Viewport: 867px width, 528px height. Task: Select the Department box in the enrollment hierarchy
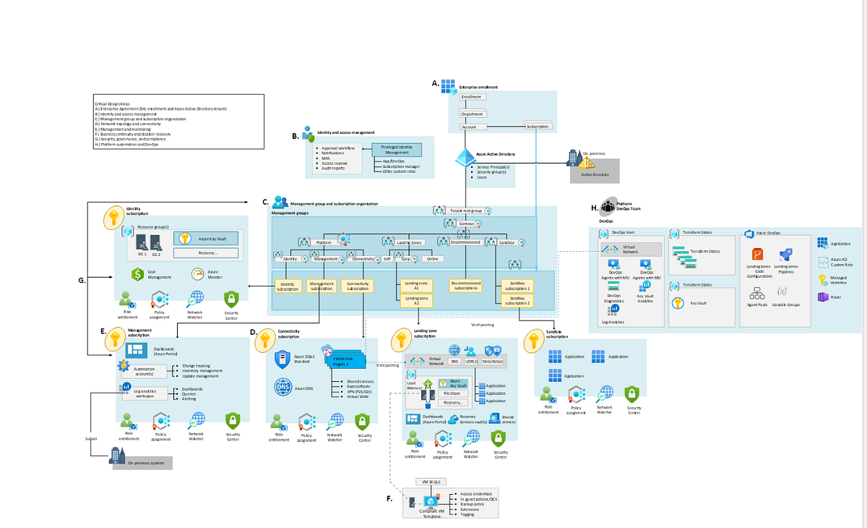coord(473,114)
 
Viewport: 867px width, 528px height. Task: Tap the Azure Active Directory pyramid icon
coord(464,157)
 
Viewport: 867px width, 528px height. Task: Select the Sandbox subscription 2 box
coord(518,301)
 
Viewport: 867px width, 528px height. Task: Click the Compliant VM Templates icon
coord(431,502)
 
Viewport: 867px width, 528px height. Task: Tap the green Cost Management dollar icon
coord(139,274)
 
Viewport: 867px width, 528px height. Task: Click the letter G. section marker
coord(82,280)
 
